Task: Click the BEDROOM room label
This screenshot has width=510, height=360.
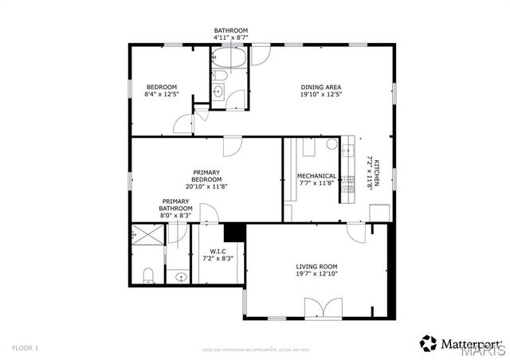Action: pos(161,87)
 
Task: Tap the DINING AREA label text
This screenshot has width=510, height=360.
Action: pos(320,87)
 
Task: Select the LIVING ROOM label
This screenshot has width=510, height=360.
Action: pos(317,267)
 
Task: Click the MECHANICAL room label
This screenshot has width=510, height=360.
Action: pos(316,176)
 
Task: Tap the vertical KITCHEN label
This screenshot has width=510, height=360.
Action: pos(378,172)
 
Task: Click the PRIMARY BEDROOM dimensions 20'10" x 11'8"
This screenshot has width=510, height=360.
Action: pos(206,187)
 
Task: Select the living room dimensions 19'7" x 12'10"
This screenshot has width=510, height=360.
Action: pos(317,276)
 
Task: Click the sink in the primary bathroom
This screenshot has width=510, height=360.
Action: pos(181,278)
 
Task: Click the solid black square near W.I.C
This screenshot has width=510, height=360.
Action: pos(234,232)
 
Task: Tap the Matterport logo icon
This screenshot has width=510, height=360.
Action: pos(429,342)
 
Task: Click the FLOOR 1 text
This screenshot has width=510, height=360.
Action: pos(25,348)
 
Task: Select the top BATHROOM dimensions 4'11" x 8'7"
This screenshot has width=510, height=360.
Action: pos(231,37)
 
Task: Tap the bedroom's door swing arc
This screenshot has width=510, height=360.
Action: pos(184,124)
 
